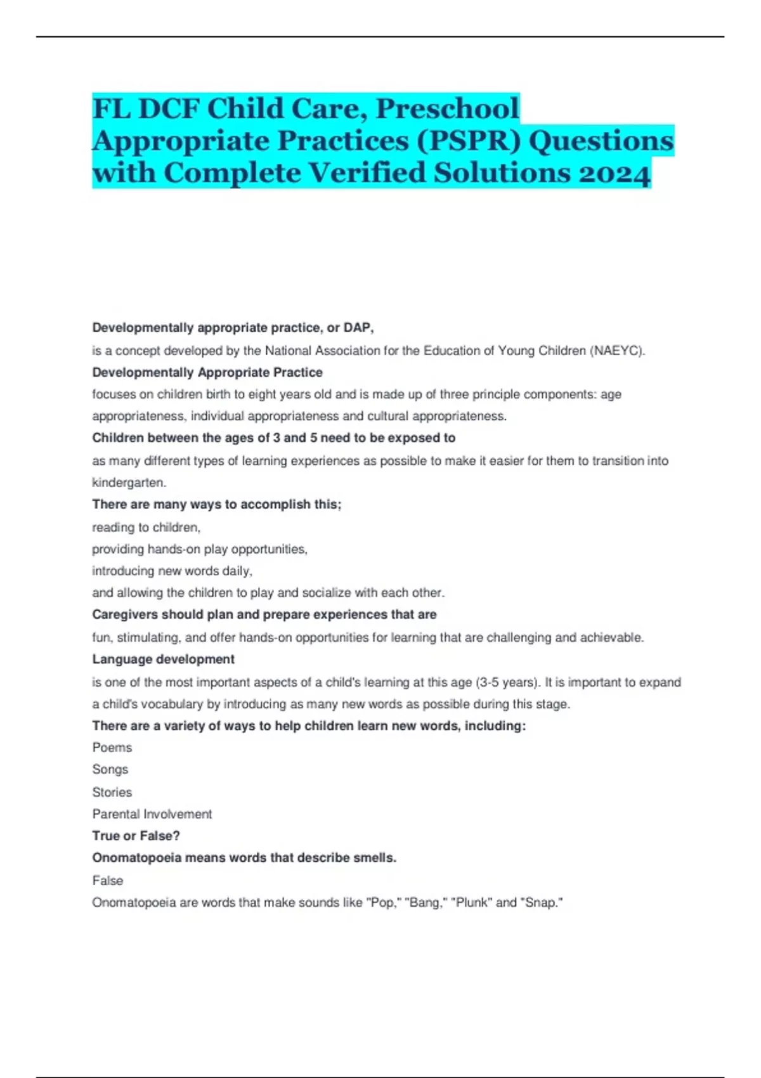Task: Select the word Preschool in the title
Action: coord(448,108)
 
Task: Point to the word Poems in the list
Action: coord(112,748)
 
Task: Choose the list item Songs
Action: coord(110,769)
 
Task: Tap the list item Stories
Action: coord(112,792)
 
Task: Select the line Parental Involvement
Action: coord(152,814)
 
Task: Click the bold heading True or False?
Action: coord(136,836)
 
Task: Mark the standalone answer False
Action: coord(108,881)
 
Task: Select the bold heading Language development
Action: coord(164,659)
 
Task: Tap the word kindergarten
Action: coord(129,483)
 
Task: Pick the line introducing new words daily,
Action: coord(172,571)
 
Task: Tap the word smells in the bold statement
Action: coord(377,858)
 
